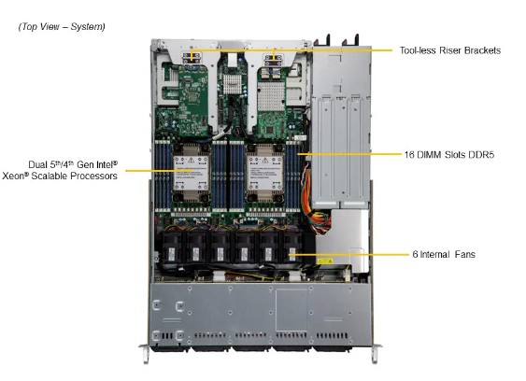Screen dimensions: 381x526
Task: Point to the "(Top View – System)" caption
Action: tap(62, 26)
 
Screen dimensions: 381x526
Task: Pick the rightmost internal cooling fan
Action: tap(292, 247)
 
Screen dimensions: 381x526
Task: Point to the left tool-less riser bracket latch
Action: tap(193, 58)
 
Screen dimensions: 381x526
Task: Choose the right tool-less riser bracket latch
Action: tap(275, 58)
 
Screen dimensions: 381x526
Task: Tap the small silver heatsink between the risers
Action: tap(233, 87)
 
